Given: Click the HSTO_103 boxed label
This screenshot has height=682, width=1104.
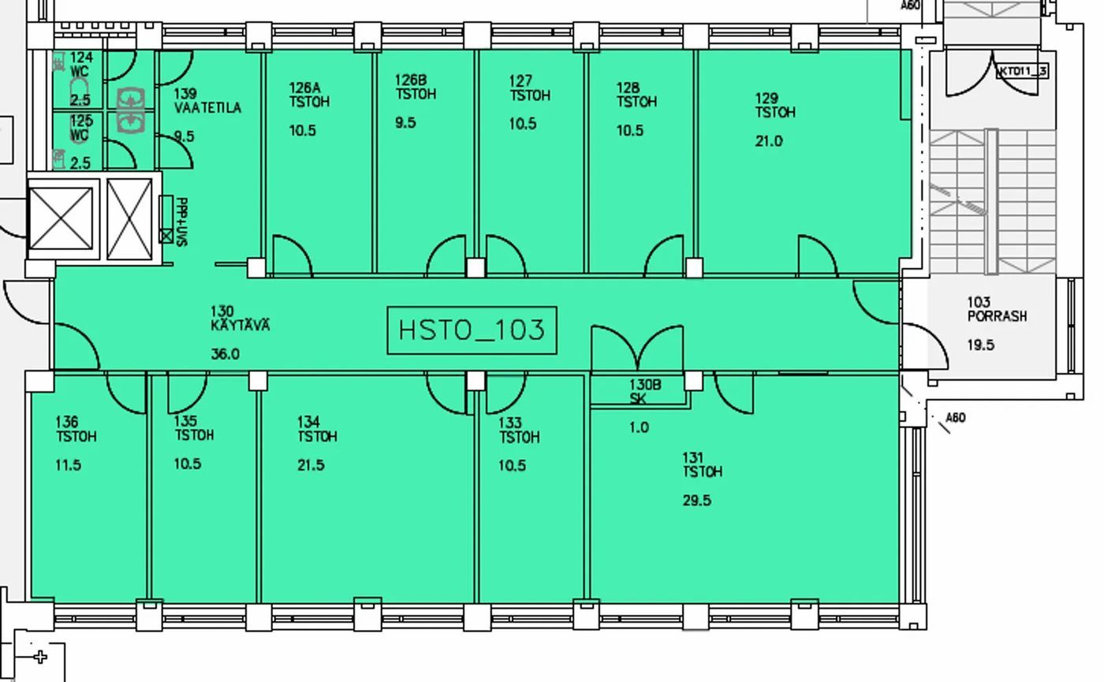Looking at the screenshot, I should (472, 330).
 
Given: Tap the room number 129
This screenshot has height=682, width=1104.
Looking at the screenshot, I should (766, 99).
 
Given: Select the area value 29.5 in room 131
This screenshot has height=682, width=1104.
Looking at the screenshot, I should (697, 500).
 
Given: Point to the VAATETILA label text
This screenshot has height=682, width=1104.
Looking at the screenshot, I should (208, 108).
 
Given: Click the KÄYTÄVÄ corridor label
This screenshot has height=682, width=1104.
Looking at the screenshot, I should (240, 325).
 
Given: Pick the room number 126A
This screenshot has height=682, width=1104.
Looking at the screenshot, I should (304, 88).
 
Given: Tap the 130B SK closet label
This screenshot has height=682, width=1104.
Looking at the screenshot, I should (644, 391).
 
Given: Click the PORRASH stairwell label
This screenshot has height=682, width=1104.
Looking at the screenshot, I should (997, 316).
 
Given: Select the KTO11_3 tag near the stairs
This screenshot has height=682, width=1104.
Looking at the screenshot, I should (1023, 71).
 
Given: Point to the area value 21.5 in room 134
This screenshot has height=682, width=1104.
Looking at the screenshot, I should (311, 465).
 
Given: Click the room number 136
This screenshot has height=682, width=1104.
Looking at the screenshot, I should (66, 423).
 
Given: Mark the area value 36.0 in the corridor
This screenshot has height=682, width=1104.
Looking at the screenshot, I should (225, 354).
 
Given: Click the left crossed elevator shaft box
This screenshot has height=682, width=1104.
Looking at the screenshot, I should (62, 219).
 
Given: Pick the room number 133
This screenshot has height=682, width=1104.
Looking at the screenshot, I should (509, 423).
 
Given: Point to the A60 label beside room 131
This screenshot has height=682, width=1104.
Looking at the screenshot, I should (955, 417).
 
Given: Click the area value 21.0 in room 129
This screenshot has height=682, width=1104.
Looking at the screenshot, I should (768, 141).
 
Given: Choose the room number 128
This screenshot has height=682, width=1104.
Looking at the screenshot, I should (628, 88).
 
